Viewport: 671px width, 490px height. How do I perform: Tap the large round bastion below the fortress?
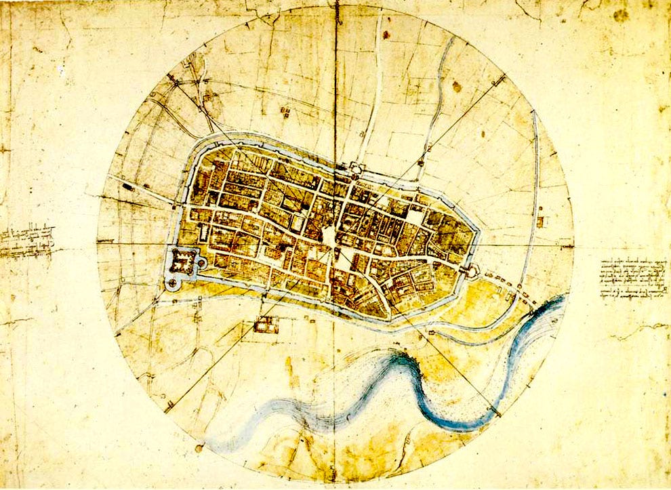(x=174, y=283)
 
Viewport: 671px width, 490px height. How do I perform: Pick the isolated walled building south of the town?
(x=266, y=325)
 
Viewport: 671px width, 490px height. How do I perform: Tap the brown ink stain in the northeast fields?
(x=456, y=87)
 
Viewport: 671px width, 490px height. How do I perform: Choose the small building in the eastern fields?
(x=540, y=221)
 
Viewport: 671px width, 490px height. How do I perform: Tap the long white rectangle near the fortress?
(x=204, y=231)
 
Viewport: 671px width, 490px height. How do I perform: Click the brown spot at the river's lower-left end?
(x=199, y=447)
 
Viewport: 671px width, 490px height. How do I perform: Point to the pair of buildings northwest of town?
(x=284, y=111)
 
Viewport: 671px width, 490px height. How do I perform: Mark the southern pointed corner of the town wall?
(x=386, y=317)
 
